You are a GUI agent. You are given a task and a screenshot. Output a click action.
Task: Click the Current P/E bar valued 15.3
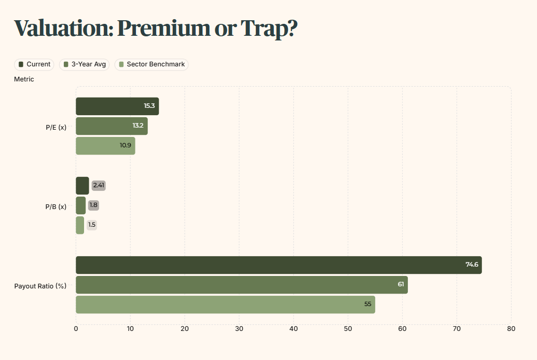117,106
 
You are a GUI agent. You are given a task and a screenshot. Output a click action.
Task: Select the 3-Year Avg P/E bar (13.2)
112,126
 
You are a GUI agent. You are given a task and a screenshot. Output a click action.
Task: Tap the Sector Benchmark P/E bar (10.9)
105,146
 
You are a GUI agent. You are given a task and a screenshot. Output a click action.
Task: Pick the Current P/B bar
82,186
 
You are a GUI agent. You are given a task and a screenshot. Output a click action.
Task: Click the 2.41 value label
99,185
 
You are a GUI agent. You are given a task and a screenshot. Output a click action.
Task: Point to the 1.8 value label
93,205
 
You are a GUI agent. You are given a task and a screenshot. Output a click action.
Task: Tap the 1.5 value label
92,225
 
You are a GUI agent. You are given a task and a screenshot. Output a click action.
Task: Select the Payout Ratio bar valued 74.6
279,265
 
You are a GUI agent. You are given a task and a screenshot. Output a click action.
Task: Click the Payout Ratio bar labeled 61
242,285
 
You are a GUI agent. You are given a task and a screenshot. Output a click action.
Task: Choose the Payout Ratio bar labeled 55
225,304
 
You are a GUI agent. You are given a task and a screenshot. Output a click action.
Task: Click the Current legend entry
34,64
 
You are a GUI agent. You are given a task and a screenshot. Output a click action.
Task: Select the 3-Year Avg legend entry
84,64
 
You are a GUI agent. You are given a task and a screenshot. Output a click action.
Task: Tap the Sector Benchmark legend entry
152,64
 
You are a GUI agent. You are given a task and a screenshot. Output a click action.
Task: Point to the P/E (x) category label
56,128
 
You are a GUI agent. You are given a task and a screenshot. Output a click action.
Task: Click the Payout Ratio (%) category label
40,286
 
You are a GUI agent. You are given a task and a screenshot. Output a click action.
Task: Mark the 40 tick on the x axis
294,329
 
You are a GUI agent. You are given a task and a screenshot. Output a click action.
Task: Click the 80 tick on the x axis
511,329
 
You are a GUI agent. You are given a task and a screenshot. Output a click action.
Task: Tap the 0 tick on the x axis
76,329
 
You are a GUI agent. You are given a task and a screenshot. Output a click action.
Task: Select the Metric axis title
24,79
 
